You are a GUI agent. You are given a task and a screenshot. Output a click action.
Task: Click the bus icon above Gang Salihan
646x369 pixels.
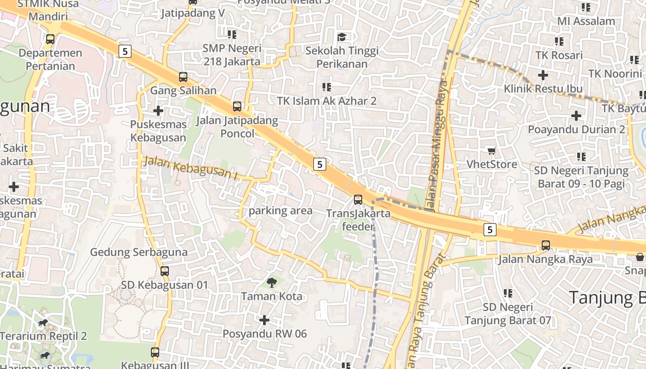click(183, 77)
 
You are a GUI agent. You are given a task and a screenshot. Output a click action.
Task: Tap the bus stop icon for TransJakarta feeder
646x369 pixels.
click(358, 200)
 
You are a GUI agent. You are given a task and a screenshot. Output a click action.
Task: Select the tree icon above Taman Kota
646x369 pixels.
click(272, 282)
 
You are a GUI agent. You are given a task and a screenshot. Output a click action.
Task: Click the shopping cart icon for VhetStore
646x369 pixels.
click(492, 151)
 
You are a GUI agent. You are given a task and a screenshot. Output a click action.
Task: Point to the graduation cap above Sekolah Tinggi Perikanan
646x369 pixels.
click(341, 37)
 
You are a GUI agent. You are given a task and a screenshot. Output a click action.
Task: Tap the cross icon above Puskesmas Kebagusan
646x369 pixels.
click(158, 111)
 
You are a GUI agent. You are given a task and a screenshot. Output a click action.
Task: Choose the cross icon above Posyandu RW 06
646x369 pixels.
click(264, 320)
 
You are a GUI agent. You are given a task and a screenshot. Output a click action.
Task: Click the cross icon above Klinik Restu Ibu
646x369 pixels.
click(543, 75)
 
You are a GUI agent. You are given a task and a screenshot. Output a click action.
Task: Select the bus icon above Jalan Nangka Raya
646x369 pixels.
click(546, 245)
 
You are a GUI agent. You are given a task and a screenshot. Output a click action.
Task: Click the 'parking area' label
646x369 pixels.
click(281, 211)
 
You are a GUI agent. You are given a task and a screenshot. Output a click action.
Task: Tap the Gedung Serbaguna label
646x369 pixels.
click(138, 252)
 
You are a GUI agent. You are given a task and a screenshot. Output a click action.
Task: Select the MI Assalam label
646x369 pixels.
click(586, 21)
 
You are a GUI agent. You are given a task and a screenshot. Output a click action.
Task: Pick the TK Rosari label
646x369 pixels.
click(559, 55)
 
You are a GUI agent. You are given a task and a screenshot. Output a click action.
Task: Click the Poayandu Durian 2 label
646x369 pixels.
click(576, 129)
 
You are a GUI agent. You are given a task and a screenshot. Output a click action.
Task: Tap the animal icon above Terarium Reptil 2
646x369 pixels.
click(43, 322)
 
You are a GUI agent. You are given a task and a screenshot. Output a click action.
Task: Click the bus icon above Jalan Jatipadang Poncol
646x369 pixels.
click(237, 107)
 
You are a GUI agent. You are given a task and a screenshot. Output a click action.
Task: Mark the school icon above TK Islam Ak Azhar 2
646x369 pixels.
click(327, 87)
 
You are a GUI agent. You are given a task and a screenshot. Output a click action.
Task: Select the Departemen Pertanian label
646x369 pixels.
click(50, 60)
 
